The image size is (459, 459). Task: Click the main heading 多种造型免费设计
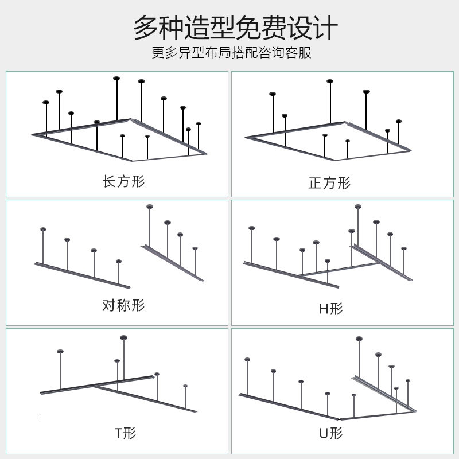tap(235, 28)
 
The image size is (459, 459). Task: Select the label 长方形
tap(123, 182)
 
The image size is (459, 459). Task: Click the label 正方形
tap(329, 183)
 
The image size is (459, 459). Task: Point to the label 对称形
tap(123, 305)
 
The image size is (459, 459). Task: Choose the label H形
tap(330, 309)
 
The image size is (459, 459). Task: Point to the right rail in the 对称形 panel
tap(172, 263)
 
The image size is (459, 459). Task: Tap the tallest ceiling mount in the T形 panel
tap(123, 338)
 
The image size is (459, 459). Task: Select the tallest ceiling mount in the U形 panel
tap(359, 339)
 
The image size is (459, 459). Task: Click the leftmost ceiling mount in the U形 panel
tap(247, 360)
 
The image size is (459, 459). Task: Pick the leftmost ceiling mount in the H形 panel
tap(251, 228)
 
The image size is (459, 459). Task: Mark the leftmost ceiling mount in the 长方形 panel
tap(46, 103)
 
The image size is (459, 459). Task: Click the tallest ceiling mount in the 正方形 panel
tap(330, 81)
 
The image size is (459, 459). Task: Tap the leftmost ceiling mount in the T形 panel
tap(60, 351)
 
